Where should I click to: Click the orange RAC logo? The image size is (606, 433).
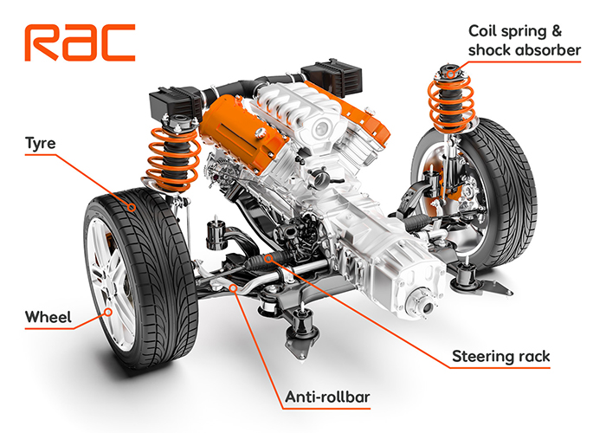click(80, 42)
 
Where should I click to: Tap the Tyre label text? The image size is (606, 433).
click(41, 144)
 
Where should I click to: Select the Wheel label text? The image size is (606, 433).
click(48, 317)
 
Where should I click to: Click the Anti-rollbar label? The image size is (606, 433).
click(327, 397)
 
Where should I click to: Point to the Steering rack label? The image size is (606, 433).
click(501, 356)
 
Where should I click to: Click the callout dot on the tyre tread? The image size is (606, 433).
click(132, 208)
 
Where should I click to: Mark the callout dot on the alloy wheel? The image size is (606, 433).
click(108, 312)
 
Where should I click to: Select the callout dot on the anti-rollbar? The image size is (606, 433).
click(233, 288)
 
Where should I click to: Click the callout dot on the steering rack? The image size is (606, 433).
click(268, 258)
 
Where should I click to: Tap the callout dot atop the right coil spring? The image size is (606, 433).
click(451, 74)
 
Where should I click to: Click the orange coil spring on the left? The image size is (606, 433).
click(173, 159)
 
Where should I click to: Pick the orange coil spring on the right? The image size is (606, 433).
click(451, 102)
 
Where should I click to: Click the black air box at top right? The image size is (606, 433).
click(332, 78)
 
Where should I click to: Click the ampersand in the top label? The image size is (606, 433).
click(557, 31)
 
